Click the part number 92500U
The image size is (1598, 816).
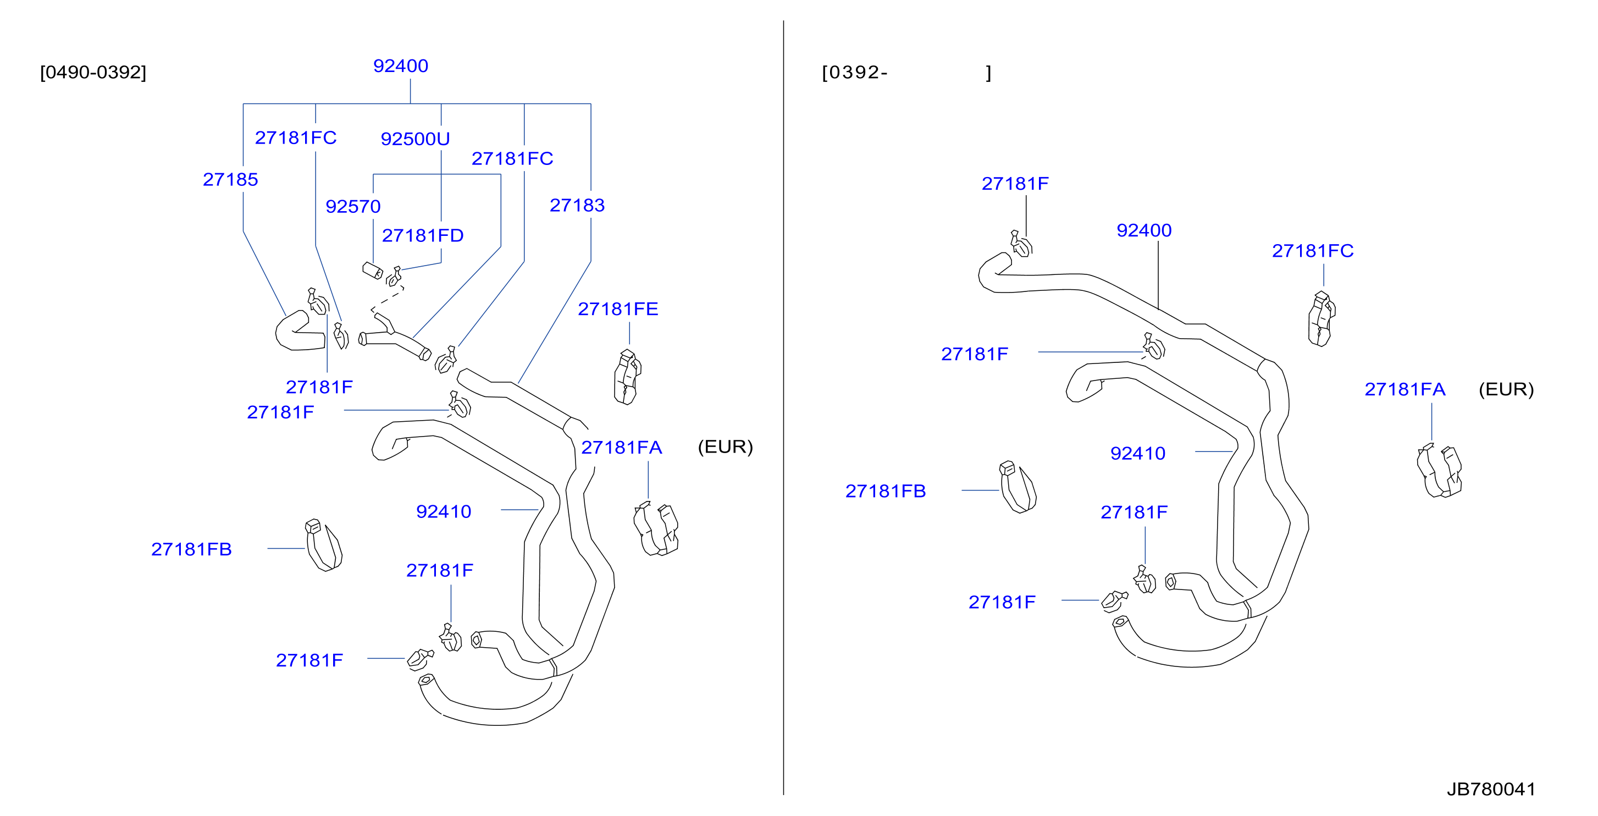[x=415, y=139]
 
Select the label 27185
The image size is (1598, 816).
[x=230, y=180]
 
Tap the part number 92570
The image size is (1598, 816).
[x=353, y=207]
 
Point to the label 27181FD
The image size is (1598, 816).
[x=423, y=236]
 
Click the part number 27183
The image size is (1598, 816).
[x=577, y=206]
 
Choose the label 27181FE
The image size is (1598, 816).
[x=618, y=309]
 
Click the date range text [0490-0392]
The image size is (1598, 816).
[x=93, y=73]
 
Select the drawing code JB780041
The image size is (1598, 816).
[x=1491, y=789]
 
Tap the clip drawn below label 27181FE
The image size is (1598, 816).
[x=627, y=377]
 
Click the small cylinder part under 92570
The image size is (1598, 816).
[x=372, y=271]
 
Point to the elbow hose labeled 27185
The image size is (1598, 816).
[x=299, y=332]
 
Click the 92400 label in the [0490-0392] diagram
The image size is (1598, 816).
[x=401, y=67]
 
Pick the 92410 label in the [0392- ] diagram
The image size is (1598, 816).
[x=1138, y=454]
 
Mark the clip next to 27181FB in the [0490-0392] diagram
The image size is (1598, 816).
[x=323, y=545]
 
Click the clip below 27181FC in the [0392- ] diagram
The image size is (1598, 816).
[x=1321, y=319]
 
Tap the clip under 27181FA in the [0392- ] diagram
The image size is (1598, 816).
[x=1439, y=472]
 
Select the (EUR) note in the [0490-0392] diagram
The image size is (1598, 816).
[x=725, y=447]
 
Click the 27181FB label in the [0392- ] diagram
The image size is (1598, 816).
[x=885, y=492]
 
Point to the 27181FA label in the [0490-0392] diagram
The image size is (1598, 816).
[x=622, y=448]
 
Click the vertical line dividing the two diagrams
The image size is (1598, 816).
[x=783, y=407]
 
